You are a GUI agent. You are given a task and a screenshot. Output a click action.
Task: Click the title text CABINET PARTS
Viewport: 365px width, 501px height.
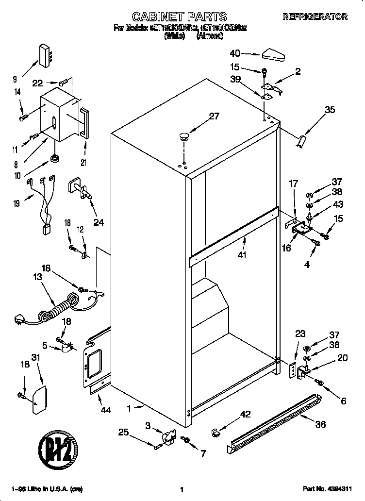click(180, 17)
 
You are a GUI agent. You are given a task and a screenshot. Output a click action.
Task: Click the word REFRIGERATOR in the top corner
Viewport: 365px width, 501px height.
click(315, 17)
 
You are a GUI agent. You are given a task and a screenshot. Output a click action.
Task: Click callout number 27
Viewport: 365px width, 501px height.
click(214, 116)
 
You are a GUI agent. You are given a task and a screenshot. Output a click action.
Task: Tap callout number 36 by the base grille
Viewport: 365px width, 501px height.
click(320, 424)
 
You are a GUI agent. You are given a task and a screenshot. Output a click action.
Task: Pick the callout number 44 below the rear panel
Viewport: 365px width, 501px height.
click(105, 410)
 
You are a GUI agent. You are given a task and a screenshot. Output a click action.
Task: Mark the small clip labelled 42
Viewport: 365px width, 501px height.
click(216, 432)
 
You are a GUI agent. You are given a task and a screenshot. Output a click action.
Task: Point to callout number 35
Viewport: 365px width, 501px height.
click(330, 110)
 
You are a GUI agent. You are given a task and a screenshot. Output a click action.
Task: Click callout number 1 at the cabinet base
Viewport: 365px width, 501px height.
click(129, 409)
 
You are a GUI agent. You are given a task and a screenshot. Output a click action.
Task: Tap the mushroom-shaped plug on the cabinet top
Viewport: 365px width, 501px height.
click(183, 136)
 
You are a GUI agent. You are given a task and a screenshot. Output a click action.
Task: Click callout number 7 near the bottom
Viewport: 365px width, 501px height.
click(203, 454)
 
